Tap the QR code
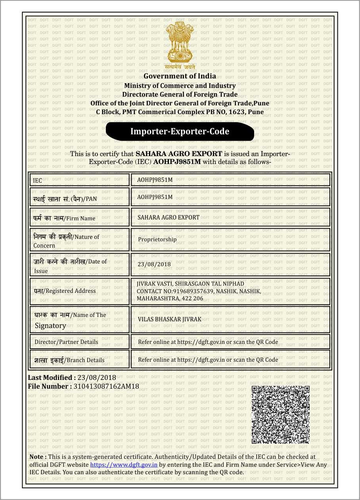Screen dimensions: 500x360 [x=280, y=414]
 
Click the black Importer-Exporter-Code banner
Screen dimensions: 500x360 [x=180, y=132]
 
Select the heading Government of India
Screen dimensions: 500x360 [x=180, y=76]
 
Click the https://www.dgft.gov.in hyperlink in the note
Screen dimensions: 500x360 [x=124, y=465]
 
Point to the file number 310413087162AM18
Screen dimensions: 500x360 [x=106, y=386]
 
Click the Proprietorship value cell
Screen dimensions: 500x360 [x=157, y=239]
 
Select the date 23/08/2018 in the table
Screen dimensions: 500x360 [x=154, y=264]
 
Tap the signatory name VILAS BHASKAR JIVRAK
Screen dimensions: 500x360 [x=169, y=319]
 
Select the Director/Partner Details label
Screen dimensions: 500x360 [x=66, y=342]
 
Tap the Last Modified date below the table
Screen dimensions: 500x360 [x=97, y=378]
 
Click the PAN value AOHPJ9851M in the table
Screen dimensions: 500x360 [x=155, y=197]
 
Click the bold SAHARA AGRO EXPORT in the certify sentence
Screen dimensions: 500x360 [x=179, y=153]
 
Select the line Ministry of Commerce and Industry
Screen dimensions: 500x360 [x=180, y=86]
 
